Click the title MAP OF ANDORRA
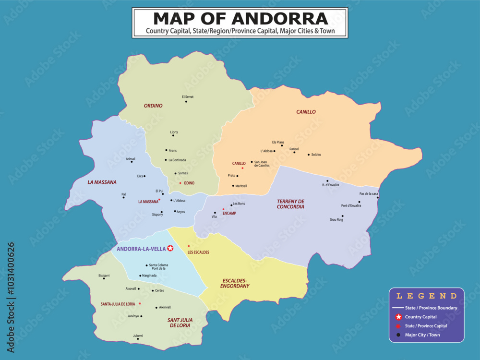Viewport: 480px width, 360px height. coord(240,18)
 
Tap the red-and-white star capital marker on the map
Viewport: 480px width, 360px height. coord(170,248)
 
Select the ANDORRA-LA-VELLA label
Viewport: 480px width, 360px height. coord(141,249)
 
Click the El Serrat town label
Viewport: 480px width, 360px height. coord(187,96)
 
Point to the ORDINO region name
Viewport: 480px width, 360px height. coord(153,106)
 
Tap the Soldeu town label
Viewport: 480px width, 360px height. coord(316,155)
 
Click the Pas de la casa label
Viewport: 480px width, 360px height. coord(369,194)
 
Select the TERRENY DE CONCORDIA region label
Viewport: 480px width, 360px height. coord(290,204)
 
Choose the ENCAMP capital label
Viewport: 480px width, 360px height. coord(230,213)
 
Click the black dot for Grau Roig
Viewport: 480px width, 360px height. coord(342,216)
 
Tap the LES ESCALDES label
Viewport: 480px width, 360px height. coord(198,252)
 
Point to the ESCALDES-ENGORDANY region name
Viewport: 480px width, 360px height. coord(235,283)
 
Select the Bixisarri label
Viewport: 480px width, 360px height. coord(104,276)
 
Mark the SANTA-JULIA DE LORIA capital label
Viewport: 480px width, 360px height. coord(118,304)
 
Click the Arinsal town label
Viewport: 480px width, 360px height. coord(130,158)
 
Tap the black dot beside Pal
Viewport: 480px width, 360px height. coord(123,197)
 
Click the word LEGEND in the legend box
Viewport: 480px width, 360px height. coord(426,296)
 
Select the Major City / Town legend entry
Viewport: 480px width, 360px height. coord(422,335)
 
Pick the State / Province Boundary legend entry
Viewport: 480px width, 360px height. coord(431,308)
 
